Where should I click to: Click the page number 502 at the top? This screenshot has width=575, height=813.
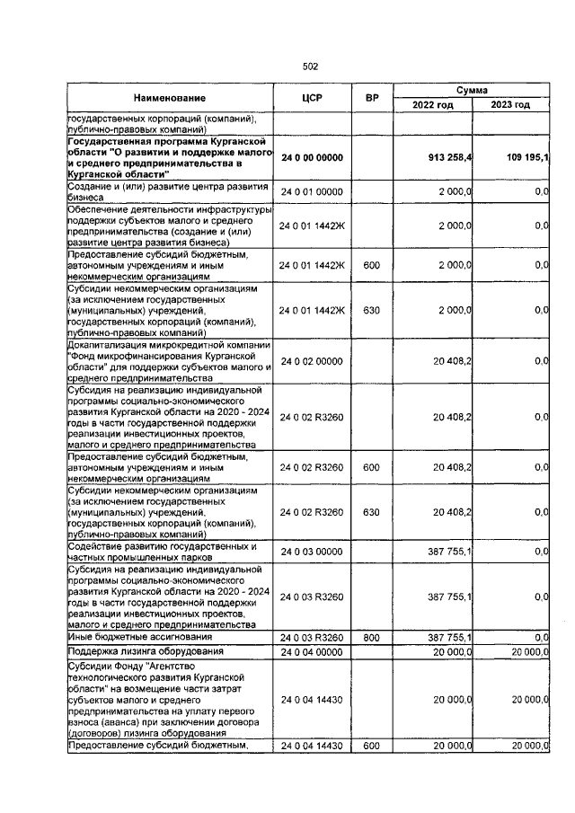(311, 66)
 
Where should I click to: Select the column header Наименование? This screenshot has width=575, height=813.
(171, 97)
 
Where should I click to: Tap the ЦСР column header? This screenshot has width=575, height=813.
(312, 97)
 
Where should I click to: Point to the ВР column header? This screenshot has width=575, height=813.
(371, 97)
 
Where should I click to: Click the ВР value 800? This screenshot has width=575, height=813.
(371, 637)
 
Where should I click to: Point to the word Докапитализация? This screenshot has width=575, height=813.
(109, 346)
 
